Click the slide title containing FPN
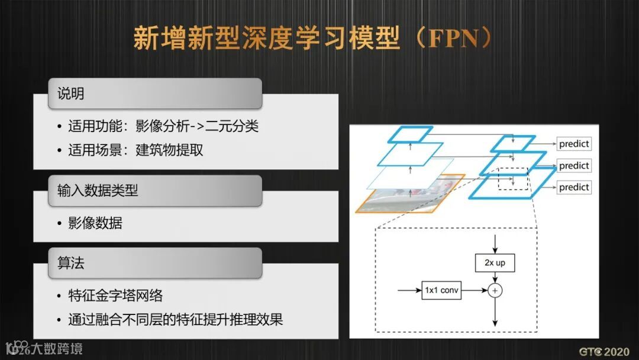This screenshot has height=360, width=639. (312, 38)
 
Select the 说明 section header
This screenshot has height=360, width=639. (70, 94)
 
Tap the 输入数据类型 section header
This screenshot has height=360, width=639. (98, 190)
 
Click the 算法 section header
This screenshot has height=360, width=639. (70, 263)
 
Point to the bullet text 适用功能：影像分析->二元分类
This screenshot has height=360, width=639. (163, 126)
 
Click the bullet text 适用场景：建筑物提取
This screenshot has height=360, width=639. (135, 150)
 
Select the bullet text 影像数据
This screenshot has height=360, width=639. (95, 223)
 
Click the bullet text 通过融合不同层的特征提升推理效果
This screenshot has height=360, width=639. (175, 320)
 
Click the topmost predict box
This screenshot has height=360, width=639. (573, 144)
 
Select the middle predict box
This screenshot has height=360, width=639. (573, 166)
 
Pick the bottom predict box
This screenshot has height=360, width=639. (573, 187)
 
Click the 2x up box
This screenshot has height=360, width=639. (495, 262)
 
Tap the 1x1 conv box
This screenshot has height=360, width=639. (441, 291)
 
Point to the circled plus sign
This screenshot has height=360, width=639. (495, 291)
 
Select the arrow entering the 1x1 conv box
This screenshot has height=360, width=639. (409, 291)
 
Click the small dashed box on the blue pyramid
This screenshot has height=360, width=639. (512, 178)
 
